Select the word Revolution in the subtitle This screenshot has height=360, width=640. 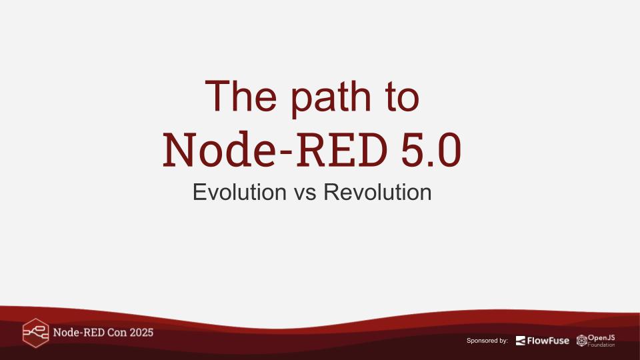click(x=377, y=192)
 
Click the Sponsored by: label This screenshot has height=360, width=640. click(x=487, y=341)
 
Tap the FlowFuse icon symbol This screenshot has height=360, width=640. click(x=521, y=341)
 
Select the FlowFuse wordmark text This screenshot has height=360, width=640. click(x=548, y=341)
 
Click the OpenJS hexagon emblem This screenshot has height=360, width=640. click(x=581, y=341)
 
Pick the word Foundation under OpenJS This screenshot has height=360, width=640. click(x=601, y=345)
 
